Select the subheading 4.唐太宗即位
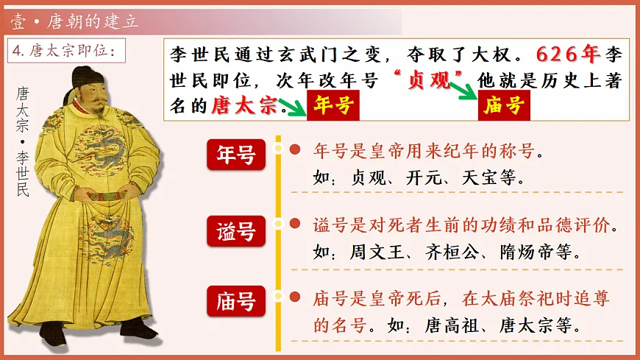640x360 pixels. point(65,52)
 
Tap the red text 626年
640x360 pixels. point(569,55)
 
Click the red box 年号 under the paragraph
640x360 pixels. point(330,106)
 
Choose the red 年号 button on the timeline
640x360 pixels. point(235,155)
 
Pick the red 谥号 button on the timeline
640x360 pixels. point(235,231)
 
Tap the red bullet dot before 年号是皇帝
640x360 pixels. point(294,150)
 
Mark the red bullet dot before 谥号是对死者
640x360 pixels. point(294,223)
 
